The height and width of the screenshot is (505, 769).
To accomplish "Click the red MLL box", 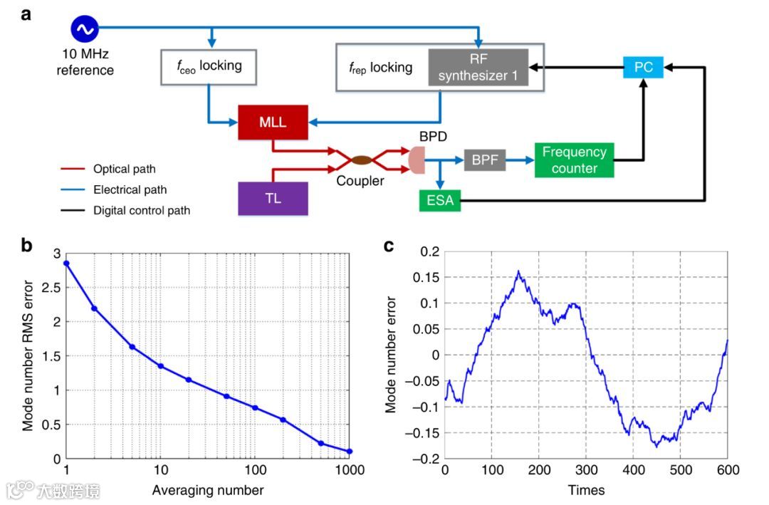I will pyautogui.click(x=273, y=123).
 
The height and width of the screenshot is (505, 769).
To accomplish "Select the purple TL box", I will pyautogui.click(x=273, y=198).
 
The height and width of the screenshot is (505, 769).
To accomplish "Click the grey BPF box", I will pyautogui.click(x=485, y=161).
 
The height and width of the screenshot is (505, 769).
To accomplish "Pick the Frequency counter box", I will pyautogui.click(x=574, y=160).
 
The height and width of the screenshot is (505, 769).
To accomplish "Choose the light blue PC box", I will pyautogui.click(x=643, y=68).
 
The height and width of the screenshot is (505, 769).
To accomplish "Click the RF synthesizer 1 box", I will pyautogui.click(x=478, y=68).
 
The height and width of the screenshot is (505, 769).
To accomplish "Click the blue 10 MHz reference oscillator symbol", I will pyautogui.click(x=83, y=29).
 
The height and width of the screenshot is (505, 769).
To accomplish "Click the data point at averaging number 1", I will pyautogui.click(x=66, y=264).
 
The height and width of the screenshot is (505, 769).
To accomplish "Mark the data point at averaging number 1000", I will pyautogui.click(x=350, y=451).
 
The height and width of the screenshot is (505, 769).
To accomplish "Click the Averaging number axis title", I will pyautogui.click(x=207, y=490).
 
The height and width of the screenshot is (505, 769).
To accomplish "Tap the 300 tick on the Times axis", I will pyautogui.click(x=586, y=471).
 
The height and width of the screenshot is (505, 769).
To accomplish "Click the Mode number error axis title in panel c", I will pyautogui.click(x=391, y=354).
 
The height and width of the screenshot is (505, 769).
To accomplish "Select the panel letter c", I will pyautogui.click(x=389, y=246).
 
